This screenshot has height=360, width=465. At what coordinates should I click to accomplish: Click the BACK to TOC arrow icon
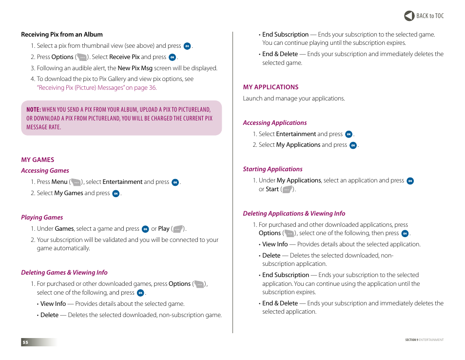coord(409,16)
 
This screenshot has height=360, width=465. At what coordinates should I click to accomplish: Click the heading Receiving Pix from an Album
coord(62,35)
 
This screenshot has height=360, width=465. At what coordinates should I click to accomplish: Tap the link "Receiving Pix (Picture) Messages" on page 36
coord(97,88)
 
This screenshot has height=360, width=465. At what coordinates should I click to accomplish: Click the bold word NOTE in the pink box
coord(33,110)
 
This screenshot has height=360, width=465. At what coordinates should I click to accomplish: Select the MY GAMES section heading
coord(38,160)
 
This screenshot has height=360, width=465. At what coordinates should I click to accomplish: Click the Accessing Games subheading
coord(45,171)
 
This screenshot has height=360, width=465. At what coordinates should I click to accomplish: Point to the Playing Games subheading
coord(42,218)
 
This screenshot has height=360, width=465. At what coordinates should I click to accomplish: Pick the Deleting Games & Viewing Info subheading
coord(64,273)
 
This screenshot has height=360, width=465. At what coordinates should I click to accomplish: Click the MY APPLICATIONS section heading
coord(271,87)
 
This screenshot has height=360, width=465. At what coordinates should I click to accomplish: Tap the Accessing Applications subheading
coord(275,123)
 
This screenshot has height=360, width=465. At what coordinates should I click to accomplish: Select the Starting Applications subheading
coord(272,169)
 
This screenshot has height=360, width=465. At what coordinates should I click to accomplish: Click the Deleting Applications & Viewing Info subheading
coord(294,214)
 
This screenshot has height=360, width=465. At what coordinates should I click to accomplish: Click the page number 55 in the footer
coord(25,342)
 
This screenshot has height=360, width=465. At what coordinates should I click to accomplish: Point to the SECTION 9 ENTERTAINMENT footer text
coord(424,340)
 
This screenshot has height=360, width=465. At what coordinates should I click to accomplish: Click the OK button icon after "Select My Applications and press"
coord(353,145)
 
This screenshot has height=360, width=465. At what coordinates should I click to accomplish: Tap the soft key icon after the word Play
coord(178,229)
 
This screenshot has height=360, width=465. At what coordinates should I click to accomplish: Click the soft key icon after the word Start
coord(287,190)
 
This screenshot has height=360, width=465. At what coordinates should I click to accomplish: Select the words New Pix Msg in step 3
coord(135,68)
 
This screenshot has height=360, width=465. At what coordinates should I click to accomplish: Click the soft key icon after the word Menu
coord(76,182)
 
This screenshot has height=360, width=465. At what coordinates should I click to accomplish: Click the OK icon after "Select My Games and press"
coord(116,194)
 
